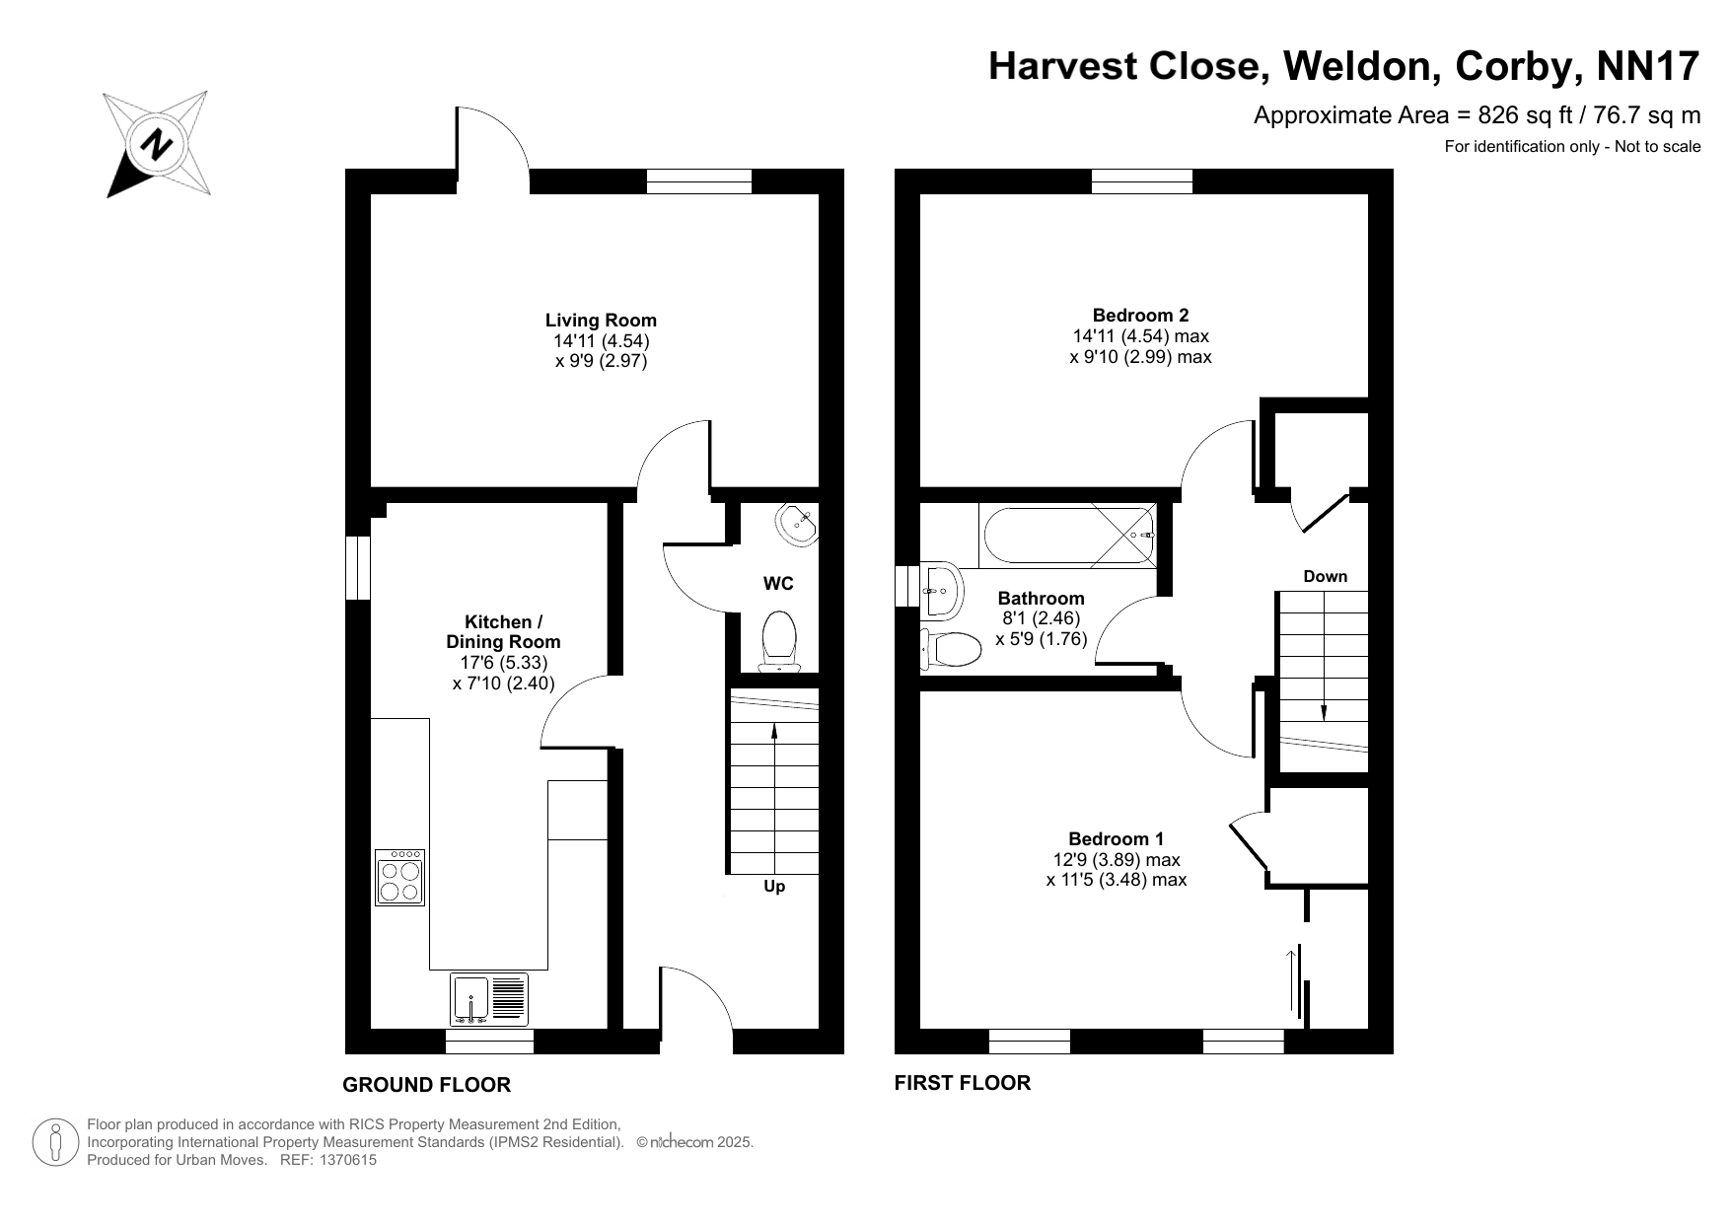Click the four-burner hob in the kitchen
(x=399, y=877)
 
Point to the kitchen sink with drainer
(x=489, y=999)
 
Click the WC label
(x=778, y=584)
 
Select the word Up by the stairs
(x=774, y=887)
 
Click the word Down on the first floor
(x=1325, y=576)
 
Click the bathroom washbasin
(x=940, y=590)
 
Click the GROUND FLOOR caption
(x=426, y=1085)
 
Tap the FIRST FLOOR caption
(x=962, y=1083)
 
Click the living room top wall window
(x=699, y=181)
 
